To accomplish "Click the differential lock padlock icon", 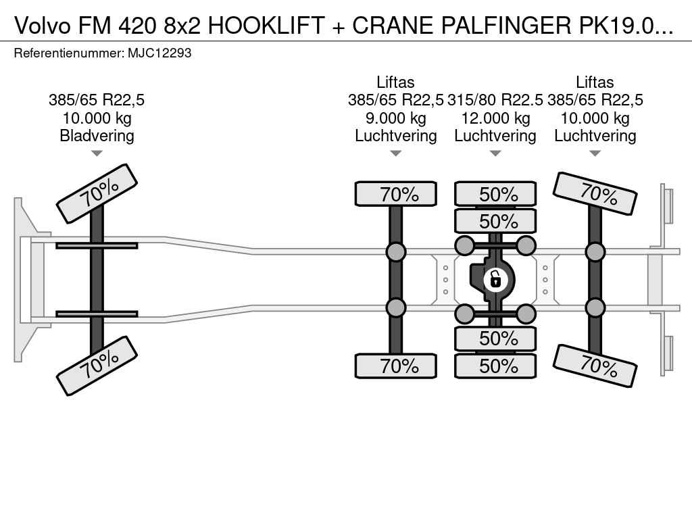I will point(495,278).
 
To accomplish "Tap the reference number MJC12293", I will point(159,53).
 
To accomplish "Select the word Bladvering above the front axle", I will point(97,136).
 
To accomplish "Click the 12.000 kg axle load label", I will point(495,118).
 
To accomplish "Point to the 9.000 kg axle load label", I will point(395,118).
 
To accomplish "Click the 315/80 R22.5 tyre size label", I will point(495,101).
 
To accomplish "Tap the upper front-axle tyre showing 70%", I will point(97,193).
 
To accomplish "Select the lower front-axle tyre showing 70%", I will point(97,366).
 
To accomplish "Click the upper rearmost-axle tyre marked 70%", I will point(595,193).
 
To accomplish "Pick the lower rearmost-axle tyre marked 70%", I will point(595,366).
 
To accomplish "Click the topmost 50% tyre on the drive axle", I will point(495,194).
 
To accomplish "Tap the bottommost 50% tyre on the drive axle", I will point(495,366).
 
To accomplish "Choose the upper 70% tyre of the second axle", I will point(396,194).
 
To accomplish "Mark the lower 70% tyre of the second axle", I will point(396,366).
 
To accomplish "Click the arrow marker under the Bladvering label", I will point(97,153).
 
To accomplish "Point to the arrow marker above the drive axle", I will point(495,153).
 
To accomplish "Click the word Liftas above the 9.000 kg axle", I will point(395,82).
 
